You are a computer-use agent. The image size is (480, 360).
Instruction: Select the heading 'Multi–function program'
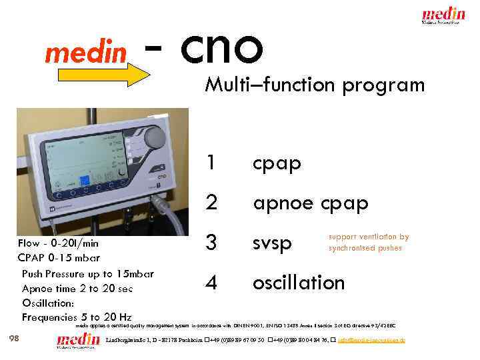pyautogui.click(x=315, y=85)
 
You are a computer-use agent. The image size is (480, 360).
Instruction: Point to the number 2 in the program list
pyautogui.click(x=211, y=203)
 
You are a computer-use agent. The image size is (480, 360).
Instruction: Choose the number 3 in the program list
pyautogui.click(x=211, y=243)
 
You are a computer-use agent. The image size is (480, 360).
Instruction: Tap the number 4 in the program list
pyautogui.click(x=211, y=283)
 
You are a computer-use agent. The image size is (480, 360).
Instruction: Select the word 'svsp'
pyautogui.click(x=273, y=244)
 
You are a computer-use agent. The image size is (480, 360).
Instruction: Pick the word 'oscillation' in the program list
pyautogui.click(x=298, y=283)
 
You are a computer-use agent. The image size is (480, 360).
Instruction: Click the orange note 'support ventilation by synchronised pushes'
pyautogui.click(x=368, y=242)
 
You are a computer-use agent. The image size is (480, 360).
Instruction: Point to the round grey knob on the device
pyautogui.click(x=155, y=138)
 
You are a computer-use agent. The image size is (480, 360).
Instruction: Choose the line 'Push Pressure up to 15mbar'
pyautogui.click(x=87, y=273)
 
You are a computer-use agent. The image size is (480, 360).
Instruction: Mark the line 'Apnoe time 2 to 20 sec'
pyautogui.click(x=77, y=288)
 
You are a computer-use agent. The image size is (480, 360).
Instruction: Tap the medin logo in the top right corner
pyautogui.click(x=445, y=15)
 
